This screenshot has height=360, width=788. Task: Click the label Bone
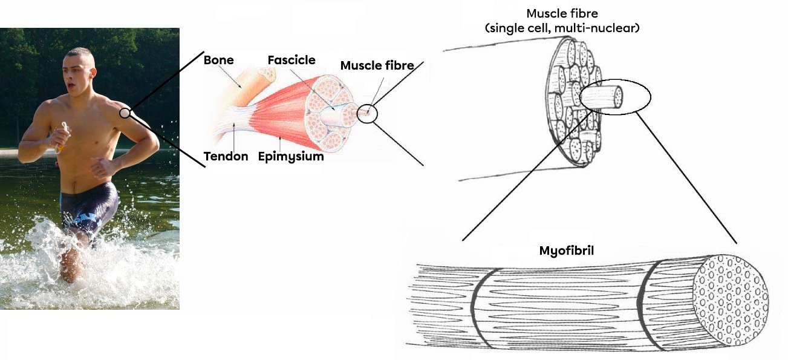(218, 60)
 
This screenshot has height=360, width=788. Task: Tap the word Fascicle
(291, 60)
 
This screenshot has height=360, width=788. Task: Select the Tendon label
(226, 157)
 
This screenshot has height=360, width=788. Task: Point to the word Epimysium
(290, 157)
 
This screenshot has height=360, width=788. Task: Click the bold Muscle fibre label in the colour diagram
(377, 65)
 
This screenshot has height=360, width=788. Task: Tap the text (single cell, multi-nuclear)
(562, 28)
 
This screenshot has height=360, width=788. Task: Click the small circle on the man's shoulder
(125, 113)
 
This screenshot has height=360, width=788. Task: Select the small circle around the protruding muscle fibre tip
(366, 113)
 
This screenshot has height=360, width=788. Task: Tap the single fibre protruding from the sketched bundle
(602, 97)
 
